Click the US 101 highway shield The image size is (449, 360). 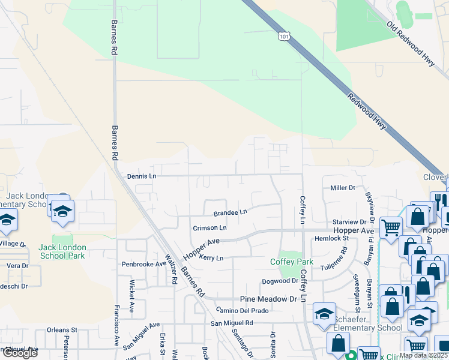tap(283, 37)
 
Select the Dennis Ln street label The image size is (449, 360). tap(142, 176)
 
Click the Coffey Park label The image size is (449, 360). tap(292, 262)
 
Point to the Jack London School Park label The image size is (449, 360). tap(62, 251)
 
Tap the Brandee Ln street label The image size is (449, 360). tap(231, 212)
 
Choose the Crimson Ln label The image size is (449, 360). tap(209, 228)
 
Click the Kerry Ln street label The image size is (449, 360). tap(211, 258)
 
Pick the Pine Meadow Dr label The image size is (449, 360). tap(269, 299)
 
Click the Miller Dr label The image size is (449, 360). tap(343, 188)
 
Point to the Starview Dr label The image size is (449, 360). tap(349, 222)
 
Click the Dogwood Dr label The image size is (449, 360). tap(280, 281)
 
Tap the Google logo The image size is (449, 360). tap(20, 353)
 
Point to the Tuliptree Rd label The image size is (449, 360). tap(334, 259)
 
